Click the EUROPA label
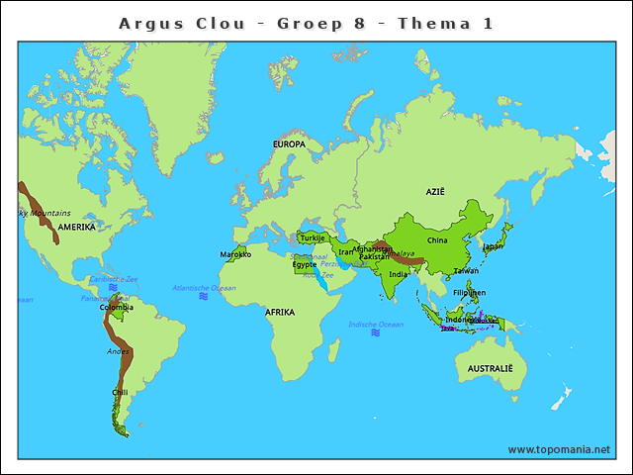[289, 144]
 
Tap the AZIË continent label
[436, 191]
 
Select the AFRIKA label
[280, 312]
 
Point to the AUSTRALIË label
[485, 368]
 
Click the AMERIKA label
[76, 227]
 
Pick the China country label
[437, 239]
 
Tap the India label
[396, 274]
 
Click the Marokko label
[236, 254]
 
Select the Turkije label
[313, 237]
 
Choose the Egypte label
[304, 264]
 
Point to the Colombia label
[116, 307]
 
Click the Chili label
[120, 392]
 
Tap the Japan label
[492, 245]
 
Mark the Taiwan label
[466, 270]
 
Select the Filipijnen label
[470, 293]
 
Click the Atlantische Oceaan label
[205, 288]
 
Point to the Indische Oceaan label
[376, 324]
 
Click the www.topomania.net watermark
[559, 449]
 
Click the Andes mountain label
[119, 351]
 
